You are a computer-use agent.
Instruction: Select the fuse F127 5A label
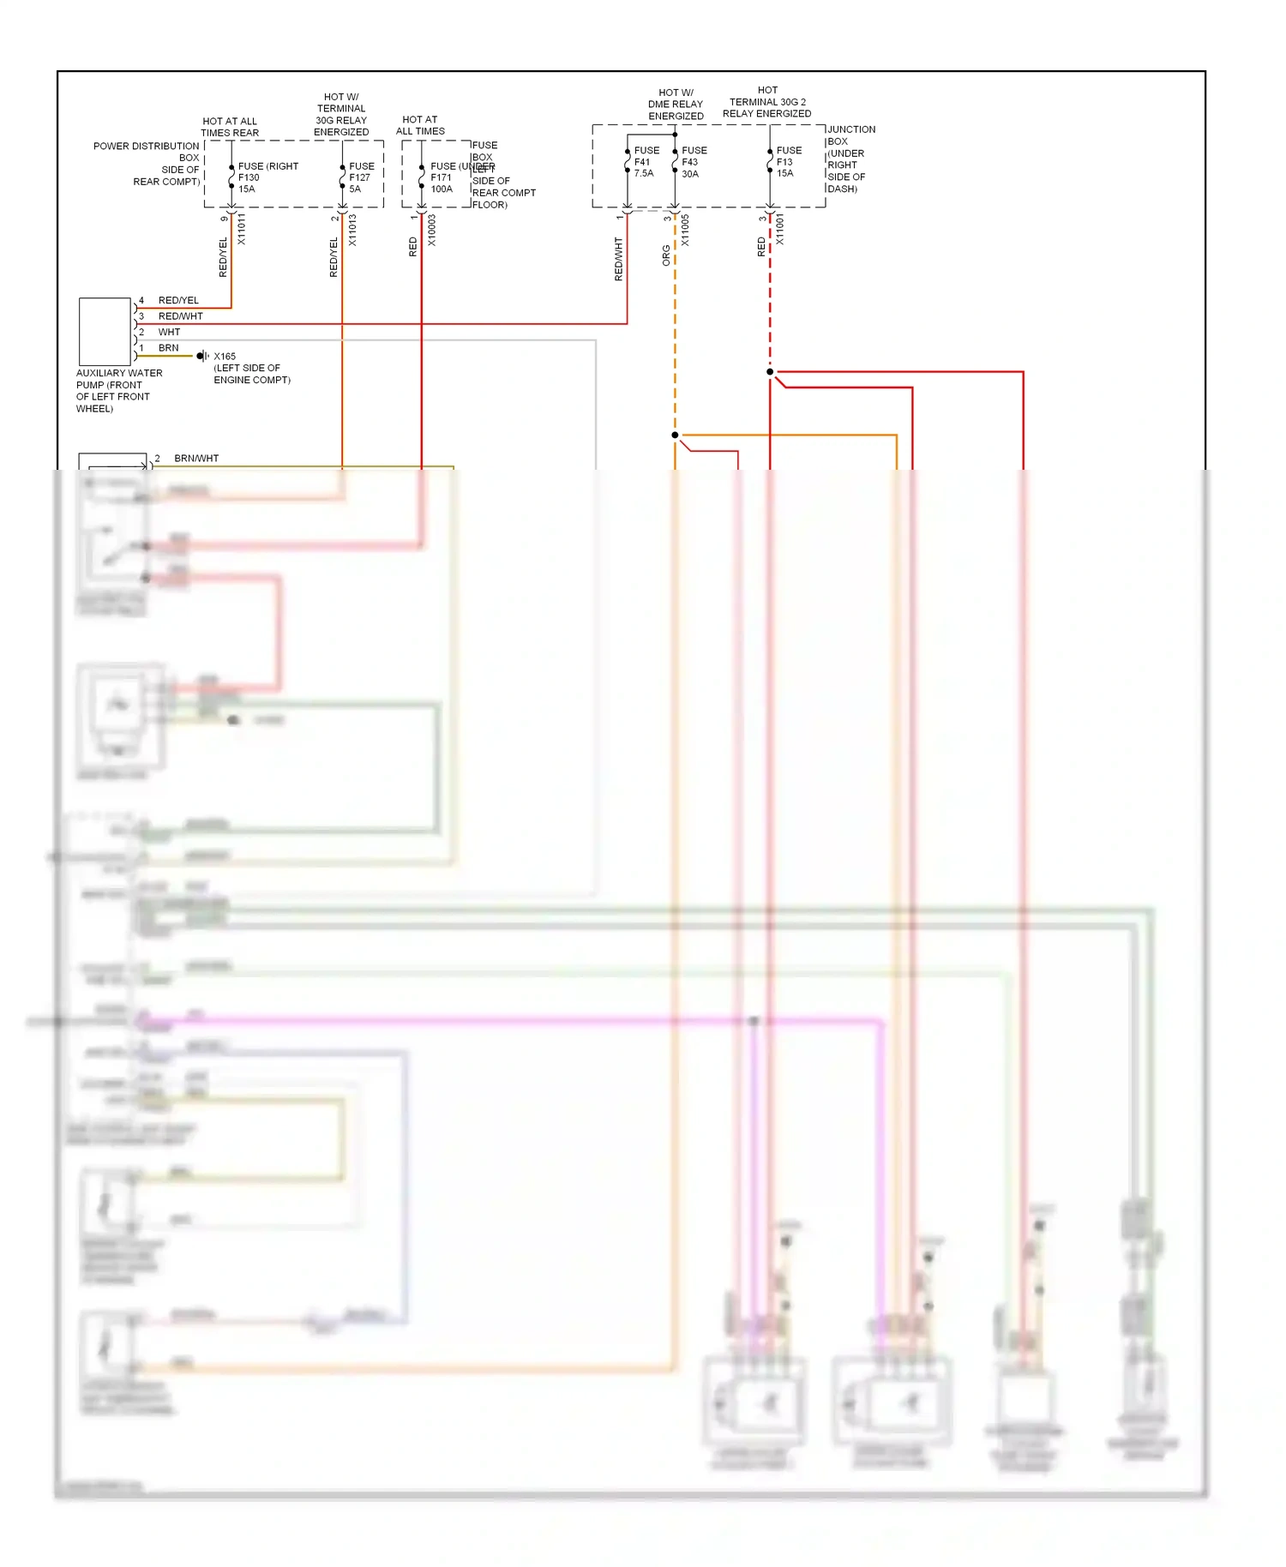360,177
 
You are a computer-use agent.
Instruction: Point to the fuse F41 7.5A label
646,161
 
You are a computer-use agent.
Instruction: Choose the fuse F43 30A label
693,162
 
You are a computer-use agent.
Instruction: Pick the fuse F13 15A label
788,161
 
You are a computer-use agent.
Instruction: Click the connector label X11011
242,230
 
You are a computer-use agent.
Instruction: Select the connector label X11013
352,230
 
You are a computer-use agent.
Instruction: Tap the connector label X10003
432,230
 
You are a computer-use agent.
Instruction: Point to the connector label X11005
685,230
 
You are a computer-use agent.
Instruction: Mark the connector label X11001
779,230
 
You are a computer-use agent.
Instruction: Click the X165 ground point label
225,357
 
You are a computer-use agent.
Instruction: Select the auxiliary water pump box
105,332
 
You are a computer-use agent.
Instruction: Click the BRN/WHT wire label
196,459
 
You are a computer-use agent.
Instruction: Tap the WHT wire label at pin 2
169,332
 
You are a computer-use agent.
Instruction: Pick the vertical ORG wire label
666,255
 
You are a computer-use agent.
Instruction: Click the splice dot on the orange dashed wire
675,435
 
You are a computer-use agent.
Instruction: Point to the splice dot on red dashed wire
770,372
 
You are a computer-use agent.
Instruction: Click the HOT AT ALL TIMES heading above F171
420,125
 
